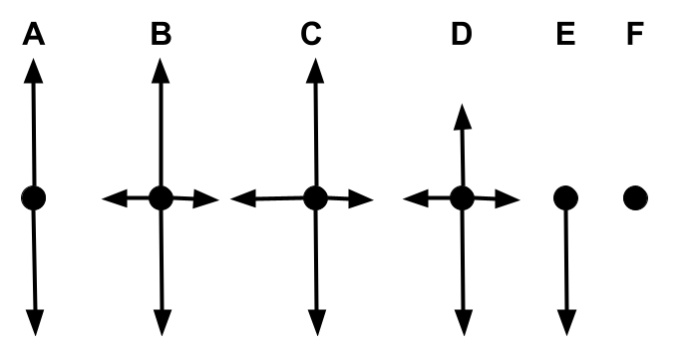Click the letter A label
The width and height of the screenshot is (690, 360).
coord(34,34)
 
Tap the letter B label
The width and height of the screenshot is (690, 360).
coord(161,34)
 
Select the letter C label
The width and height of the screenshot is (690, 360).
coord(311,34)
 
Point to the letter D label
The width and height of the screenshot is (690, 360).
coord(462,34)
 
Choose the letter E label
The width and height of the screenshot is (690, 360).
coord(566,34)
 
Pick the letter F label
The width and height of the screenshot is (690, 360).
coord(635,34)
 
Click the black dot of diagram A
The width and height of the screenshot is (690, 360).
coord(34,198)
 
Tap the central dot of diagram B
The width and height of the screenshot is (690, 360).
coord(162,198)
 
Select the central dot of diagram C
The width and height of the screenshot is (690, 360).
coord(315,198)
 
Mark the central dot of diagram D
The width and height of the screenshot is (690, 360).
coord(462,198)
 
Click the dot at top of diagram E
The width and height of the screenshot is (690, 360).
coord(566,198)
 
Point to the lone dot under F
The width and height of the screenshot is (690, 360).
coord(635,198)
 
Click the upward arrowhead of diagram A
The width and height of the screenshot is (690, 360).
coord(34,71)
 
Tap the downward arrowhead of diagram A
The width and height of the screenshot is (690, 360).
coord(35,323)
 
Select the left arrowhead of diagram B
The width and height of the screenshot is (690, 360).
coord(115,198)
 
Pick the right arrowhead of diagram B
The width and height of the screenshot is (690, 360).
coord(206,199)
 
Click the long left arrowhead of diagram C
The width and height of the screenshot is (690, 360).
coord(243,198)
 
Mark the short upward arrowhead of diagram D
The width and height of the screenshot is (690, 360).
coord(462,117)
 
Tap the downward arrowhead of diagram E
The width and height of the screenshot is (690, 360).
coord(566,323)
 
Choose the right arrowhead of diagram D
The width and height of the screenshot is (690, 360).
coord(508,199)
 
